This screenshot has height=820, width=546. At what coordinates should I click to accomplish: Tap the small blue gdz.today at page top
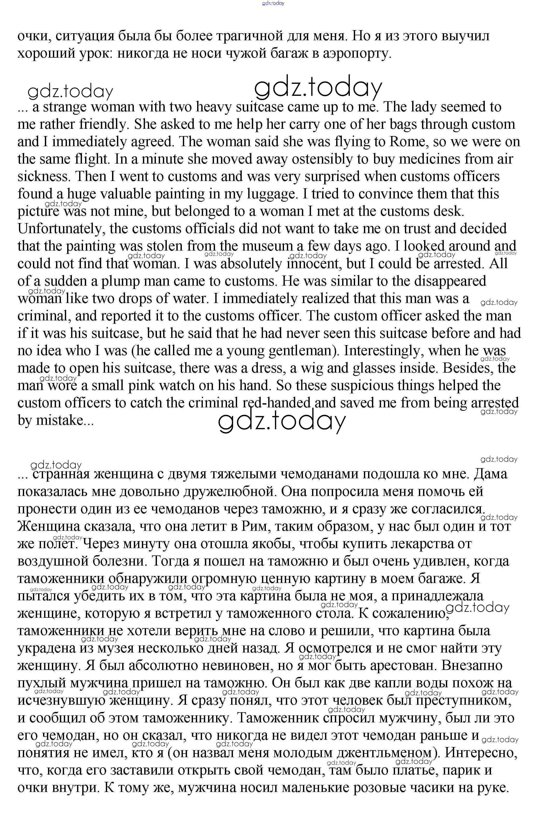(273, 3)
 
